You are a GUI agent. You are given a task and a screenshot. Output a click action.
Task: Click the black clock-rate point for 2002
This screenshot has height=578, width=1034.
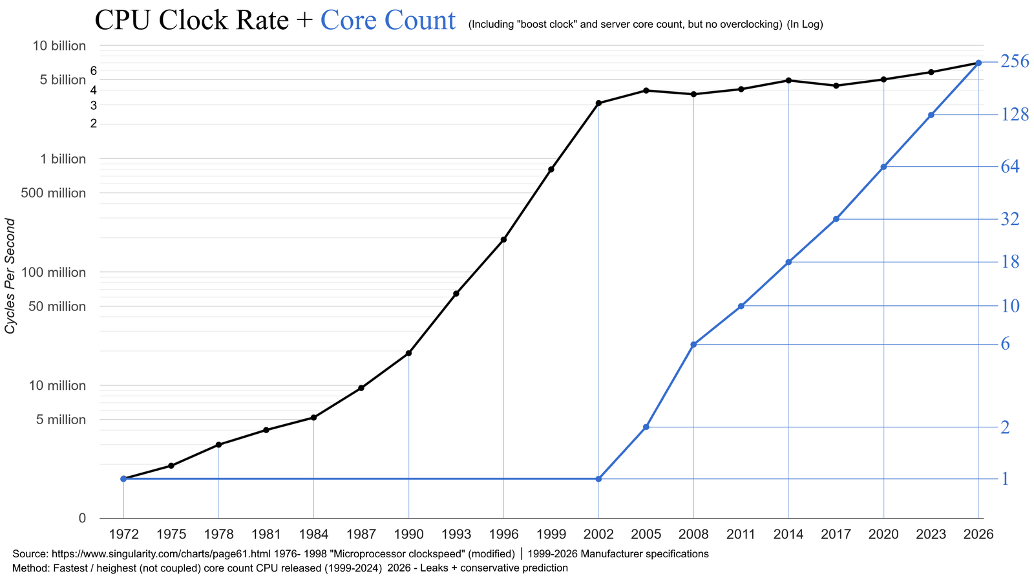coord(598,103)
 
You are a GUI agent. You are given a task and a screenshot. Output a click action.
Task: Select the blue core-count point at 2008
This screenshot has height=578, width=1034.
coord(693,345)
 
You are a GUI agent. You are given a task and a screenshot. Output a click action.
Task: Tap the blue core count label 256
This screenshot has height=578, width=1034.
coord(1015,61)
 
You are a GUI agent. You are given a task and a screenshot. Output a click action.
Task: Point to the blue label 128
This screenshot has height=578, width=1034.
coord(1015,114)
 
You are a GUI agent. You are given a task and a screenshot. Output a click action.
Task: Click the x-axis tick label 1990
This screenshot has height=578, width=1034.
coord(408,534)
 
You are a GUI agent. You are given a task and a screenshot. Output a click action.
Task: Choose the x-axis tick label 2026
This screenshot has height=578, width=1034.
coord(978,534)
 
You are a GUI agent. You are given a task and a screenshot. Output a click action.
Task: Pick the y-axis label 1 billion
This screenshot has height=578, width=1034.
coord(63,159)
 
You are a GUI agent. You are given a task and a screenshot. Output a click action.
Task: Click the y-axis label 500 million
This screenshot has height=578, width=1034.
coord(54,193)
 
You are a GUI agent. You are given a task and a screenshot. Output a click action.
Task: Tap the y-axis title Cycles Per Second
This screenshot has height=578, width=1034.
coord(10,276)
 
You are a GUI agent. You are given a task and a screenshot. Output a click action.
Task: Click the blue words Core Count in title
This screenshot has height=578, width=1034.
coord(388,20)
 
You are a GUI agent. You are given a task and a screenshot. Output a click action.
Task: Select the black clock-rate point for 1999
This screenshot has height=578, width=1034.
coord(551,169)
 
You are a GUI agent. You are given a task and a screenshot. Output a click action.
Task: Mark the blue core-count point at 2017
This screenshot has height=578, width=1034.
coord(836,219)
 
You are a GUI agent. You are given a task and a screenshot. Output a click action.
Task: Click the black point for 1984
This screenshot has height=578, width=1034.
coord(313,418)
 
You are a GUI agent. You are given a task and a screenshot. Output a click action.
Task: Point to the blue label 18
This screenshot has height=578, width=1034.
coord(1010,262)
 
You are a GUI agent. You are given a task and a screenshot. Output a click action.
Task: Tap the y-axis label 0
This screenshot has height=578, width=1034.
coord(82,518)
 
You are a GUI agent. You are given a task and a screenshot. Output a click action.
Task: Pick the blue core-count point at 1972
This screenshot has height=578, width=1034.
coord(123,478)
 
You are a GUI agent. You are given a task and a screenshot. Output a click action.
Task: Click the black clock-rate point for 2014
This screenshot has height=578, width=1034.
coord(788,80)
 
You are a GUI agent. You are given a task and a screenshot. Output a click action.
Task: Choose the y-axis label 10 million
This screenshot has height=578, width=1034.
coord(58,385)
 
